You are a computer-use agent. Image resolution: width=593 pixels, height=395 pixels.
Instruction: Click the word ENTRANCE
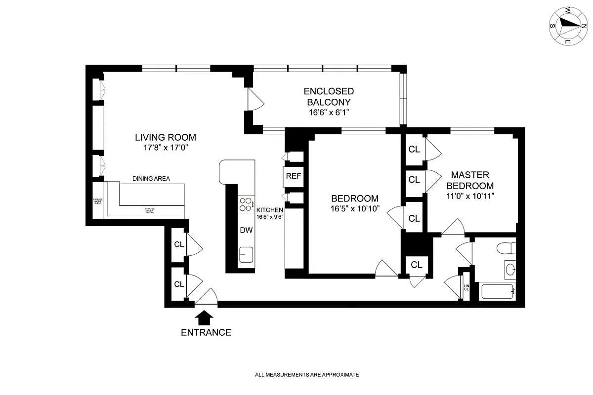206,332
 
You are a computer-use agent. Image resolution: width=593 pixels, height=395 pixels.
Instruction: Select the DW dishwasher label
246,230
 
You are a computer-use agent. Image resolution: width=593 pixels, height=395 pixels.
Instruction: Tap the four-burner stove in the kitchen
245,204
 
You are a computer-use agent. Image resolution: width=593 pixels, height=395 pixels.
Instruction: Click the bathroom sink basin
510,270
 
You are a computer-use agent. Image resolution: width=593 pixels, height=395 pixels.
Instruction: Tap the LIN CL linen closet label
466,287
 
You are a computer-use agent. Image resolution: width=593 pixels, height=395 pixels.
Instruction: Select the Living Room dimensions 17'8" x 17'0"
166,148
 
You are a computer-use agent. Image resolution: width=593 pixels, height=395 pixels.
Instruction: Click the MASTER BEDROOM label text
470,180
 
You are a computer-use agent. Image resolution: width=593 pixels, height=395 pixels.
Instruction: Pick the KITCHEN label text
269,210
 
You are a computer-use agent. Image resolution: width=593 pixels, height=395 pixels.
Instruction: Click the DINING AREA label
151,179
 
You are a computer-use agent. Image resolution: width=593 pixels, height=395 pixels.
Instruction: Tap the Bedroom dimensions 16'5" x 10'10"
355,208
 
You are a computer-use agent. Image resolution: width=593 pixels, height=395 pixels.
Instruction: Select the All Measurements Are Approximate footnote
306,375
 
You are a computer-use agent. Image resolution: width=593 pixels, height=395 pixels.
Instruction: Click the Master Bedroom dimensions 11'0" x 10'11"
470,196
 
